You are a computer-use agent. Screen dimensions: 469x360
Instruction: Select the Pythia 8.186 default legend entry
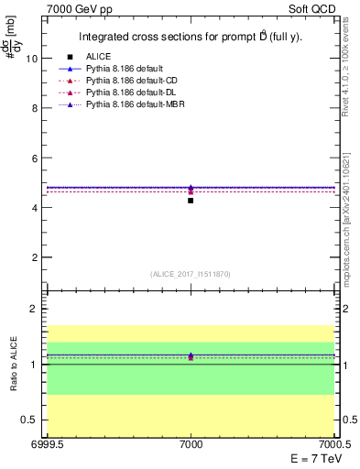(x=125, y=69)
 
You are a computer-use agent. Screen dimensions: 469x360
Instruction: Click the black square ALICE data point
(x=191, y=200)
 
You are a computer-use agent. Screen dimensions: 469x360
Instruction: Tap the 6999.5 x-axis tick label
(x=44, y=444)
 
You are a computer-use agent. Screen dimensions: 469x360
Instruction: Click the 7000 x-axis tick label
(x=191, y=444)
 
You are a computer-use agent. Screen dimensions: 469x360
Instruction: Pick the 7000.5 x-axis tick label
(x=334, y=444)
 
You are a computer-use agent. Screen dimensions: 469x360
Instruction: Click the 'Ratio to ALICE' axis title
(x=15, y=364)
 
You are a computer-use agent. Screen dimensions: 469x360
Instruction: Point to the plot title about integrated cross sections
(x=190, y=38)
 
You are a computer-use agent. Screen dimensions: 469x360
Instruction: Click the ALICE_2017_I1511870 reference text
(x=191, y=274)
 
